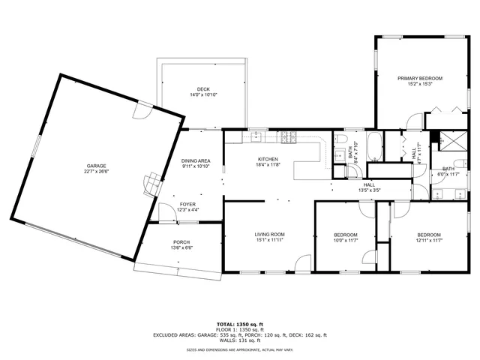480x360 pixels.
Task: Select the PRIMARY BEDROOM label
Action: (420, 79)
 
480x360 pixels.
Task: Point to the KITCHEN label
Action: (268, 159)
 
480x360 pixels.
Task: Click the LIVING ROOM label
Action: (269, 235)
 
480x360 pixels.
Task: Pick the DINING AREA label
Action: (195, 160)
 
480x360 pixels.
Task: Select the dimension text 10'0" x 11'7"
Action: (345, 241)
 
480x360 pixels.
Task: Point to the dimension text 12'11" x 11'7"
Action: (430, 241)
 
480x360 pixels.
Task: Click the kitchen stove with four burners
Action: (289, 136)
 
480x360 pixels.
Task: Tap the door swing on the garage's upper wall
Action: (139, 111)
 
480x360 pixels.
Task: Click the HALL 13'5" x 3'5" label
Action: (370, 187)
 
